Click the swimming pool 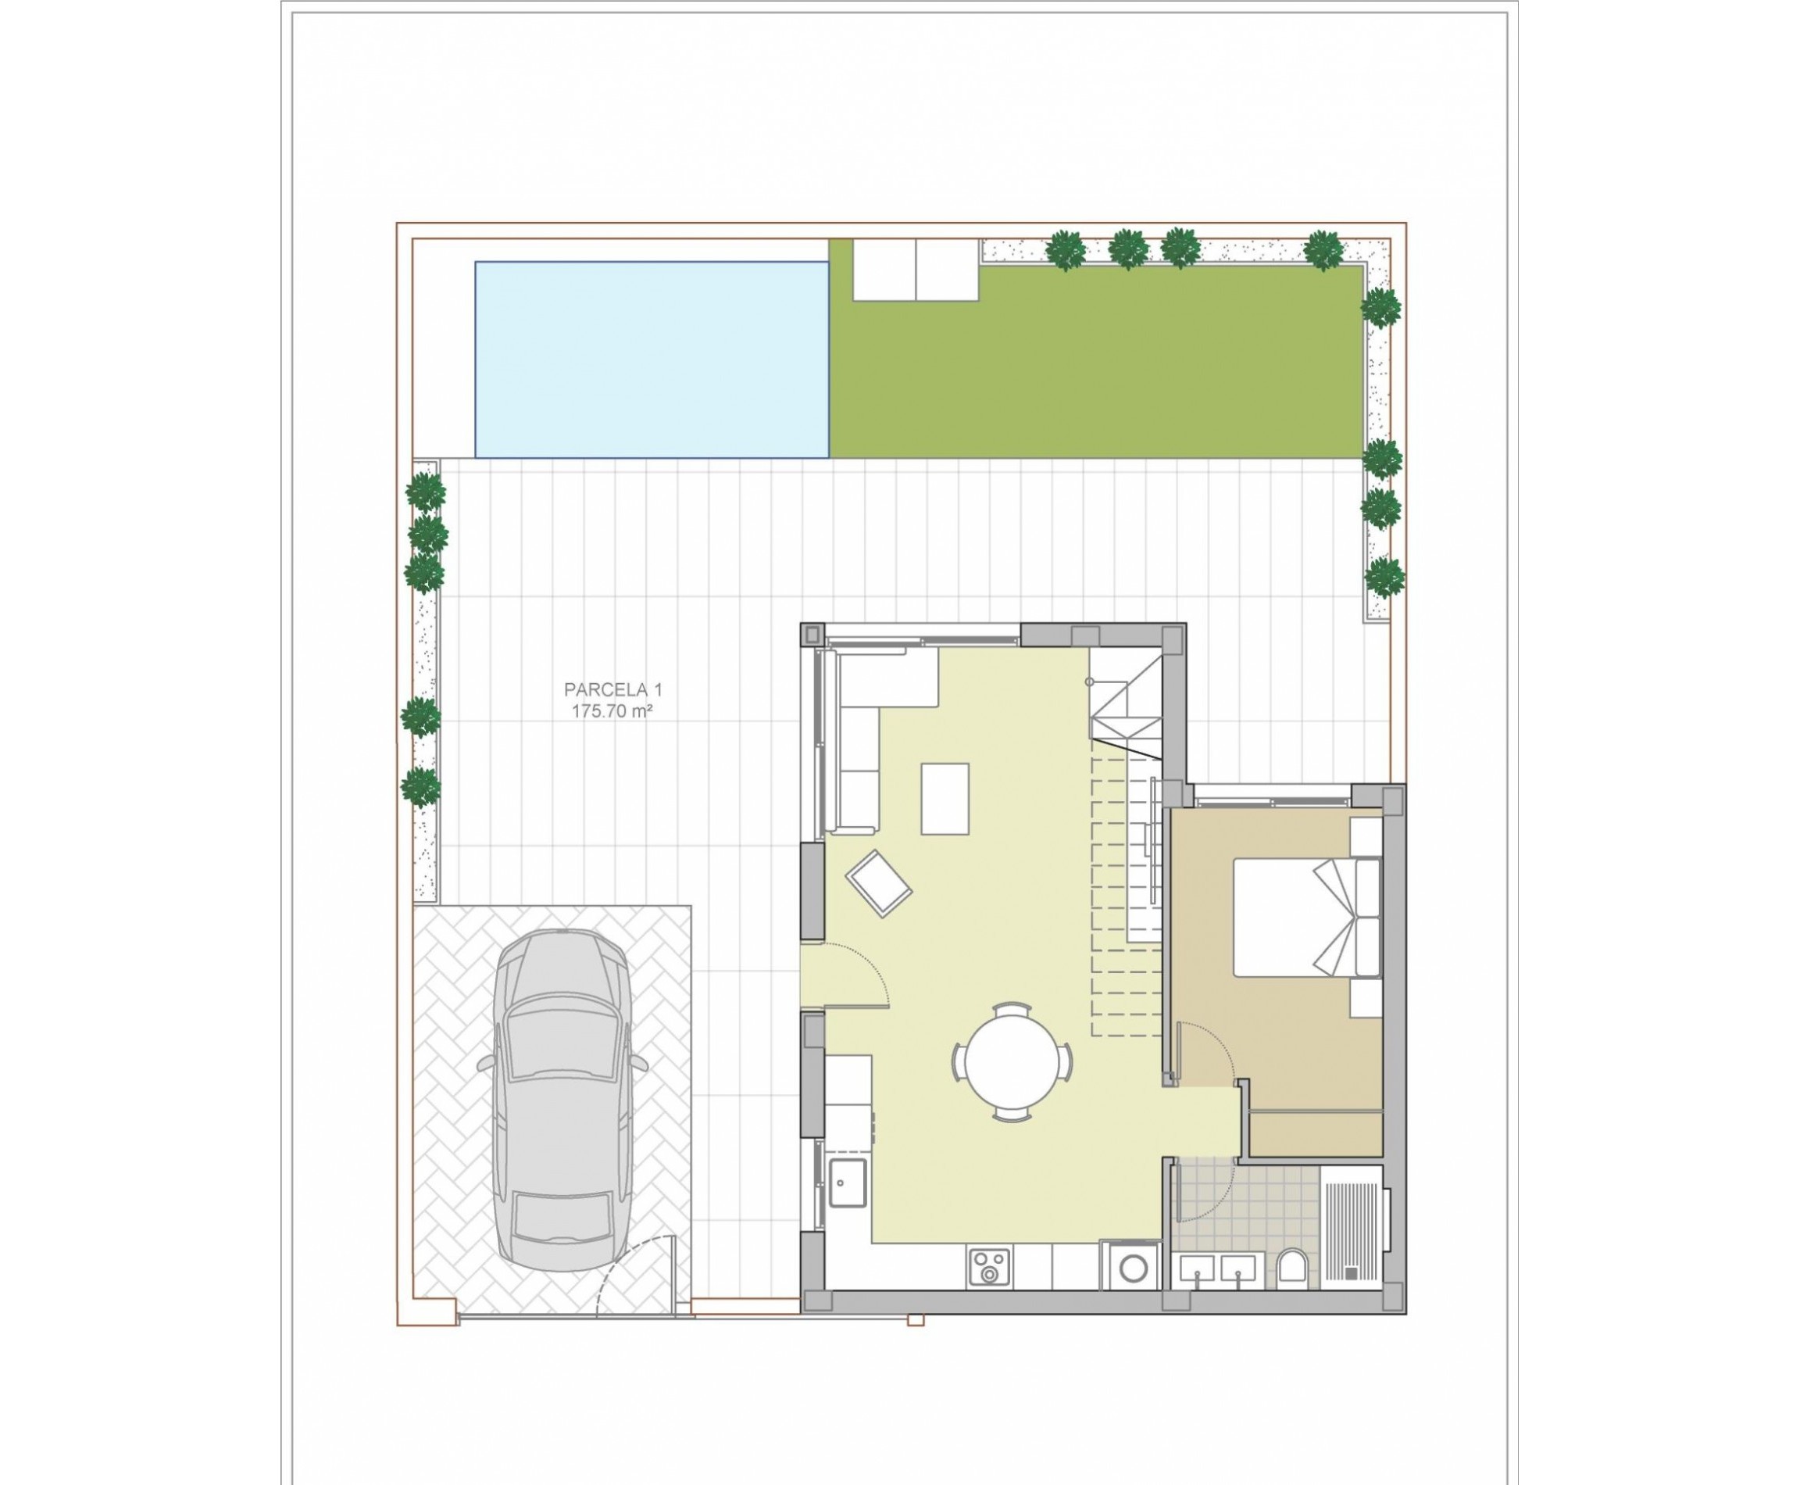pos(651,360)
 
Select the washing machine pos(1132,1268)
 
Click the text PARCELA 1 pos(612,689)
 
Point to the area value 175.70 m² pos(612,711)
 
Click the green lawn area pos(1095,377)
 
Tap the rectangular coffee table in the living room pos(944,798)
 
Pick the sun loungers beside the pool pos(915,270)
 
